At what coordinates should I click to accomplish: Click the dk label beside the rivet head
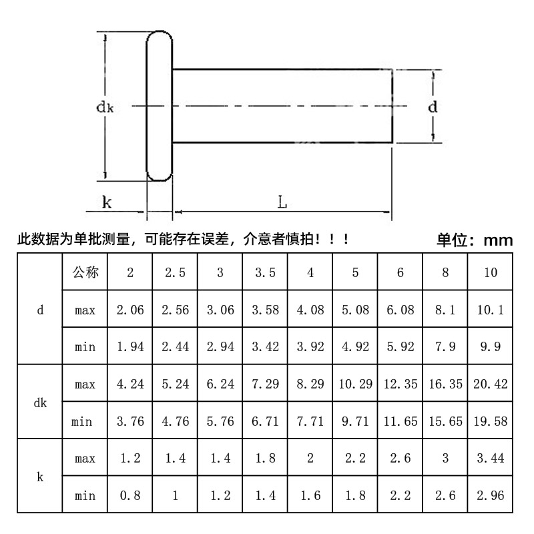tap(105, 106)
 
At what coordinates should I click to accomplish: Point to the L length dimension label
tap(282, 202)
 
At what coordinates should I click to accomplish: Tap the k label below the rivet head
tap(107, 202)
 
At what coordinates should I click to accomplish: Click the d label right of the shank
tap(433, 107)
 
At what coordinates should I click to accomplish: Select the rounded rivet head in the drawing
tap(160, 105)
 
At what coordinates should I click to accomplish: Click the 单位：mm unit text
tap(475, 240)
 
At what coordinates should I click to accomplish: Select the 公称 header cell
tap(85, 272)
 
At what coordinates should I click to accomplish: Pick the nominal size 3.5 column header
tap(264, 272)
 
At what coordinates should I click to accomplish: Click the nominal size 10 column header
tap(490, 272)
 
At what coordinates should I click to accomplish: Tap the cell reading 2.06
tap(129, 310)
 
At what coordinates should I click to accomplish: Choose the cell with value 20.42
tap(490, 384)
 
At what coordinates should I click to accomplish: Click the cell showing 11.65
tap(400, 421)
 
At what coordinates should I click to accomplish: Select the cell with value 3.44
tap(490, 459)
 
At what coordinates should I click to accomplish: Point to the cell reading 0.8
tap(129, 496)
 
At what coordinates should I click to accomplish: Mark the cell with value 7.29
tap(264, 384)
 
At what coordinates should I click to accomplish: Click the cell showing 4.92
tap(355, 347)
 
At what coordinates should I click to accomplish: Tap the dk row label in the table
tap(40, 403)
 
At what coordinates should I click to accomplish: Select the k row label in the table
tap(40, 477)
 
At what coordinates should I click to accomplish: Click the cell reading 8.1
tap(445, 310)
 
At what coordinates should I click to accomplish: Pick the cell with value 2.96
tap(490, 496)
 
